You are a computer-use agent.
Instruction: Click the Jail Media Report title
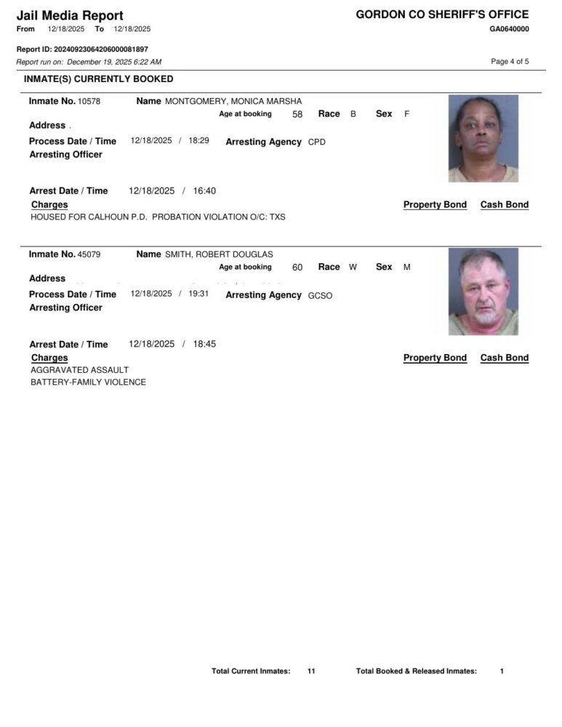[x=70, y=15]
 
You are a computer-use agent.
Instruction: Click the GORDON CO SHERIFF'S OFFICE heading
[x=442, y=15]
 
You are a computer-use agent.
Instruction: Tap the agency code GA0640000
[x=509, y=29]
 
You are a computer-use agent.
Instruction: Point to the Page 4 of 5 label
[x=510, y=62]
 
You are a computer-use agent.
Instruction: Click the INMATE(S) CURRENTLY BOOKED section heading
[x=99, y=79]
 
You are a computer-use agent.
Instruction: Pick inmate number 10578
[x=89, y=101]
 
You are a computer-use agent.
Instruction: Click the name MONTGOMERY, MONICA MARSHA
[x=233, y=101]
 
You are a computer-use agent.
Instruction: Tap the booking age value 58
[x=297, y=114]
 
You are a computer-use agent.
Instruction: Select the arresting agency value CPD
[x=317, y=142]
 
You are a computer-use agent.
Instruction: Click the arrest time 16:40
[x=204, y=190]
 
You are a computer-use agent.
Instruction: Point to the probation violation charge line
[x=158, y=217]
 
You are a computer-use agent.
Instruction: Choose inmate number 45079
[x=89, y=254]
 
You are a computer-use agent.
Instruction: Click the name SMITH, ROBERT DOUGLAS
[x=219, y=254]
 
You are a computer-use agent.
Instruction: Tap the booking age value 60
[x=297, y=268]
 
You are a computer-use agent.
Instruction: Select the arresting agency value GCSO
[x=320, y=296]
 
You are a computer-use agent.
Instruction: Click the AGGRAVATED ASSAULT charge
[x=79, y=370]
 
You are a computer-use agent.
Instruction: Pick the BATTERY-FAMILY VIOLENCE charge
[x=88, y=382]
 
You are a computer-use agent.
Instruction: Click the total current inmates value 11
[x=311, y=671]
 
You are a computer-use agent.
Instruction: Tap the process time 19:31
[x=198, y=294]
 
